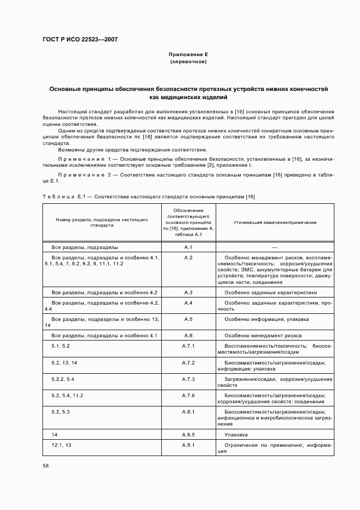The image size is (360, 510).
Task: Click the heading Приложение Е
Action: pyautogui.click(x=188, y=54)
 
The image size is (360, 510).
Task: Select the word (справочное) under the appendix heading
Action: pyautogui.click(x=188, y=62)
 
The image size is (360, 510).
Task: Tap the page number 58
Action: pyautogui.click(x=46, y=465)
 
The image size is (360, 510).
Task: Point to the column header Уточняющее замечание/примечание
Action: pyautogui.click(x=275, y=223)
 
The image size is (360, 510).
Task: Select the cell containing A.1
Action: pyautogui.click(x=188, y=247)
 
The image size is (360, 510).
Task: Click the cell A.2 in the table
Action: pyautogui.click(x=188, y=257)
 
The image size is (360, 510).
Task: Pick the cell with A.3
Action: pyautogui.click(x=188, y=293)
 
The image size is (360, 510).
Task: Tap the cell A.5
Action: pyautogui.click(x=188, y=319)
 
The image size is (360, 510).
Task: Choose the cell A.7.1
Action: pyautogui.click(x=188, y=346)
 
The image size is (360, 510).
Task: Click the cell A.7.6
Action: pyautogui.click(x=188, y=395)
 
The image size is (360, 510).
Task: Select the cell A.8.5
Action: pyautogui.click(x=188, y=435)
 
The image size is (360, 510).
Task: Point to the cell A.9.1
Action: pyautogui.click(x=188, y=445)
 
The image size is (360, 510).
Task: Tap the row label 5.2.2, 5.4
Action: pyautogui.click(x=63, y=379)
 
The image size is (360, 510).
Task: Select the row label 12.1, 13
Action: pyautogui.click(x=61, y=445)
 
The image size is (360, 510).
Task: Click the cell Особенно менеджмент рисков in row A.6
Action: pyautogui.click(x=263, y=336)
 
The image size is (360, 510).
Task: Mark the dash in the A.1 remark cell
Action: pyautogui.click(x=275, y=247)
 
